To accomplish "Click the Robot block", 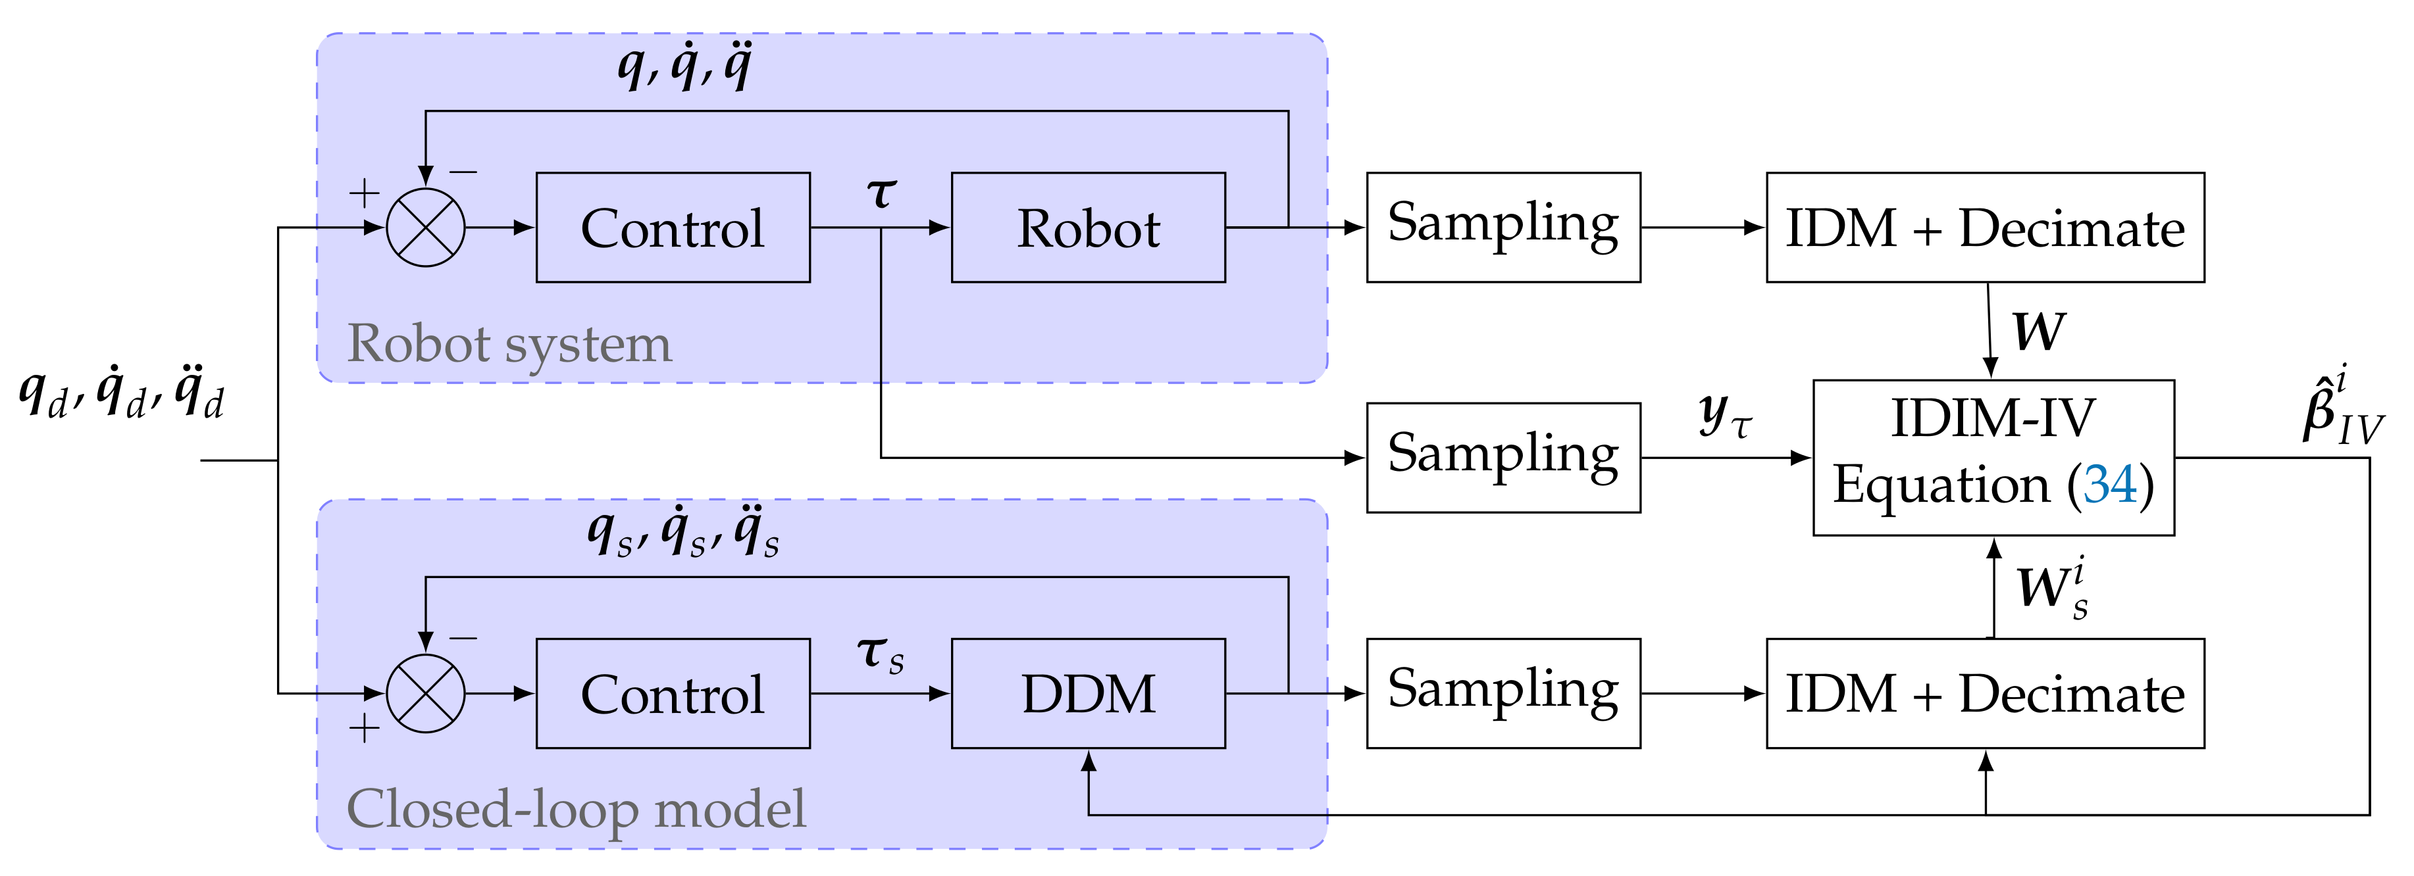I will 1088,228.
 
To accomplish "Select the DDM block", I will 1088,693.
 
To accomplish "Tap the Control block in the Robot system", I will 672,228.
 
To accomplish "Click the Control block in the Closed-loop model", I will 672,693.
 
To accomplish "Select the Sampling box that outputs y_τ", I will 1502,457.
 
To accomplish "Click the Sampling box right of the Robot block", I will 1502,228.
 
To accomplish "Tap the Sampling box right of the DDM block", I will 1502,693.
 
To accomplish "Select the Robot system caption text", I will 509,344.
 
